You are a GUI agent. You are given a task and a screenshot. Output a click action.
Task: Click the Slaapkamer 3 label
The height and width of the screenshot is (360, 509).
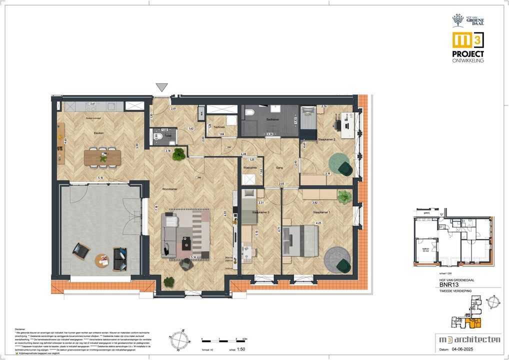(x=260, y=212)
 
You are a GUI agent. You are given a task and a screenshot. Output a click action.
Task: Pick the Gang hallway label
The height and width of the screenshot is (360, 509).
(x=280, y=168)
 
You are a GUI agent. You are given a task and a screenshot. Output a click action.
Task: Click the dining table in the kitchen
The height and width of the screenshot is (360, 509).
(x=102, y=157)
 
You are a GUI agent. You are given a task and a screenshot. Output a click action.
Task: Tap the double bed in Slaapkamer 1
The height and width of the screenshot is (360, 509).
(x=300, y=240)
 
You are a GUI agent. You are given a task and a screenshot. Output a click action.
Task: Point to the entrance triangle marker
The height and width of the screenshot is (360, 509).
(x=162, y=87)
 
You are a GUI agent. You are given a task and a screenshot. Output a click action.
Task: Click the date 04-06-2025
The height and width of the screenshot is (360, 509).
(x=479, y=349)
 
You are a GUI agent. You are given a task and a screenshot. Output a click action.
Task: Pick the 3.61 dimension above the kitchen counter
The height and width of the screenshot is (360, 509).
(x=92, y=103)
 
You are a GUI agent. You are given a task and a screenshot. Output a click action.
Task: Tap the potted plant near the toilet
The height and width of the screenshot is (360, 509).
(x=178, y=155)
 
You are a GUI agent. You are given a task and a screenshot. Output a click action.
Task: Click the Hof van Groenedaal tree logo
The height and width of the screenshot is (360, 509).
(x=457, y=20)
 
